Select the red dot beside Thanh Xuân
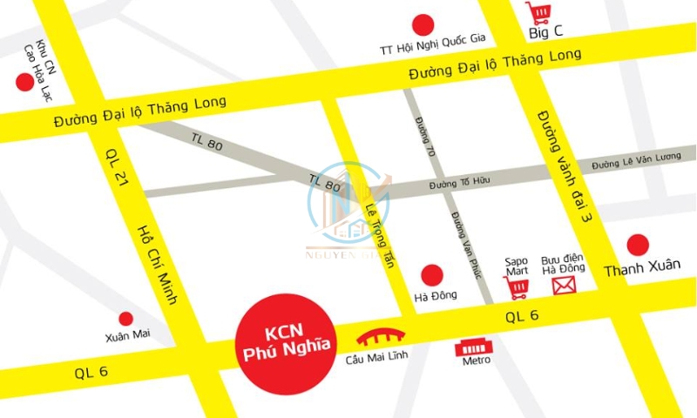click(x=639, y=245)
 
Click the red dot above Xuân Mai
click(x=126, y=319)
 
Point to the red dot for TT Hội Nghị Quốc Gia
click(x=423, y=24)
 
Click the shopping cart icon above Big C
click(x=538, y=13)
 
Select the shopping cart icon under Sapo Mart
click(x=516, y=287)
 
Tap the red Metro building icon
click(x=476, y=347)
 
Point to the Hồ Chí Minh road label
click(x=158, y=265)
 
